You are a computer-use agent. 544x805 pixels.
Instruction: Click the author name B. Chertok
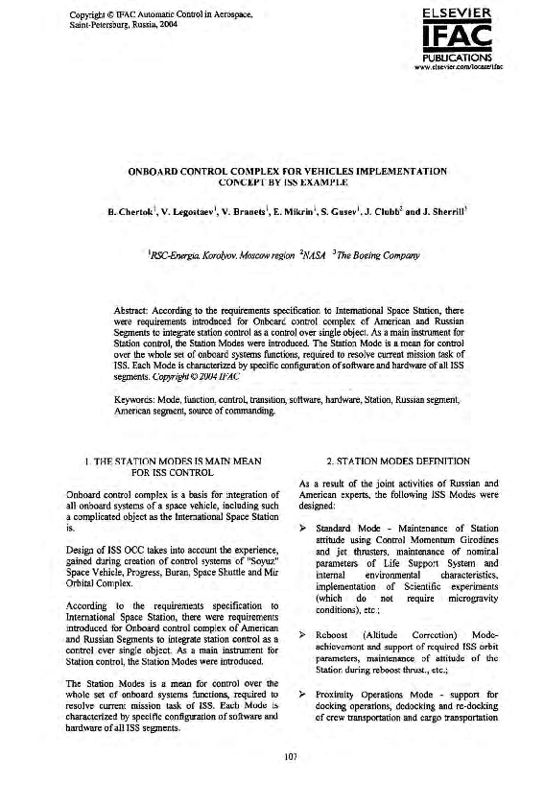(x=132, y=202)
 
